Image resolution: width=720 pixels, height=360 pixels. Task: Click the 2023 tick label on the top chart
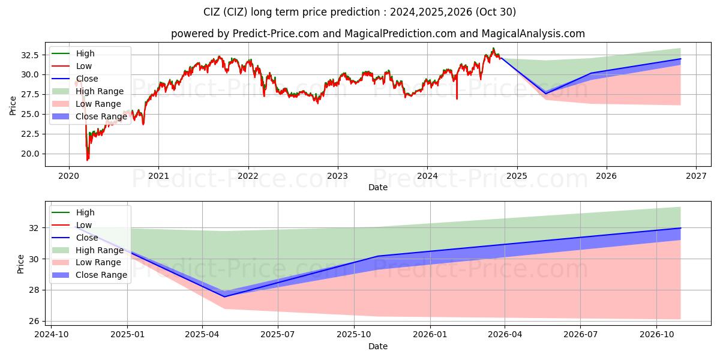click(x=337, y=176)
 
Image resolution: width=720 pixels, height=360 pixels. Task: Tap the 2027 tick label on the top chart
click(x=696, y=176)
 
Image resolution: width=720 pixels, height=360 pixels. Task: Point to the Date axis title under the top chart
click(x=378, y=187)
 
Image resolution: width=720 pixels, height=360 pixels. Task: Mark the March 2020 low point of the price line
click(x=88, y=160)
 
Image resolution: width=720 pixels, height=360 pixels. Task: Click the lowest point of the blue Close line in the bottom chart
click(x=225, y=296)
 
